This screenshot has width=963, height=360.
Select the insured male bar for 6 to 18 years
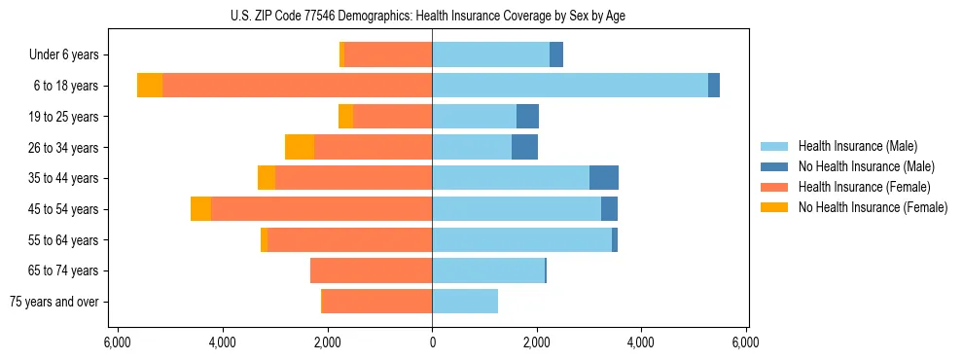570,86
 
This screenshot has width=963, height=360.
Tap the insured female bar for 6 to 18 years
297,86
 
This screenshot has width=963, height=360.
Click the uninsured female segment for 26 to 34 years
300,147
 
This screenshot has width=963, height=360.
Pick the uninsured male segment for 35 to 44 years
604,178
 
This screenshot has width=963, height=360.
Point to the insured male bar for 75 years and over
465,302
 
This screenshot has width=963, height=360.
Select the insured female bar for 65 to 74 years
371,270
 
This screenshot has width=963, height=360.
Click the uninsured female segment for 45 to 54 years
201,209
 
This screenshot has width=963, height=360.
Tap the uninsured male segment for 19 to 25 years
527,117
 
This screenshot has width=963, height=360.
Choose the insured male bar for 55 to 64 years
521,239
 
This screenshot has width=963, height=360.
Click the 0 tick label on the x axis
432,342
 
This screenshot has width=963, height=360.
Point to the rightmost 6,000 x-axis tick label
745,342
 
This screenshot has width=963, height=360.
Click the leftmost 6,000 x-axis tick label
117,342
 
